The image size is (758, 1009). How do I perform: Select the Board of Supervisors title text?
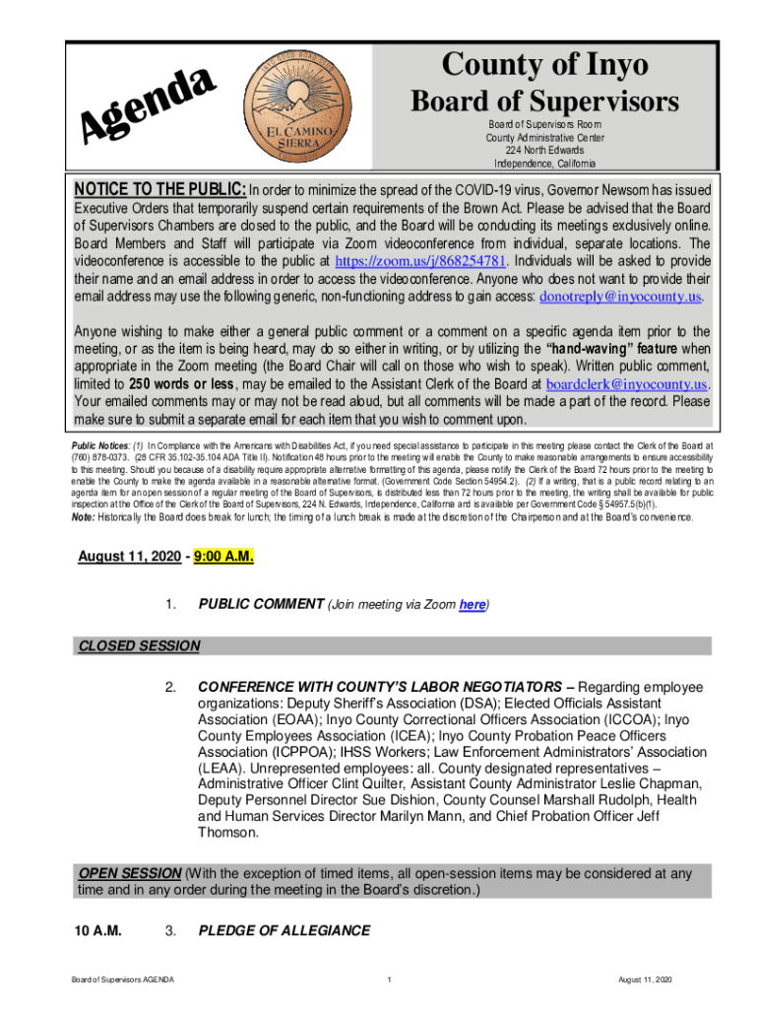544,101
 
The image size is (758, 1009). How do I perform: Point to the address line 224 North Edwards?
544,150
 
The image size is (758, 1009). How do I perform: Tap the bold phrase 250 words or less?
187,383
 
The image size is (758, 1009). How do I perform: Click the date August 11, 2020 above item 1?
129,558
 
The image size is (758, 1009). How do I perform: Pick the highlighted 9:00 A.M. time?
223,558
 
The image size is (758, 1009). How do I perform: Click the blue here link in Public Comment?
472,605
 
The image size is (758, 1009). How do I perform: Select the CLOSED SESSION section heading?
139,646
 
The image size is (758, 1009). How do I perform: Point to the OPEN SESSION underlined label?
129,873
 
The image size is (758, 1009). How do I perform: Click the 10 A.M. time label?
98,930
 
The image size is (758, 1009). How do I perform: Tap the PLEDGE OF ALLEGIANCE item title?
284,930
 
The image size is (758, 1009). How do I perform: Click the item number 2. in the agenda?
170,686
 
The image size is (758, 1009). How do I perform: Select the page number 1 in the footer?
390,980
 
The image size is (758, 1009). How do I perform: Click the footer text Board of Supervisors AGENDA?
123,980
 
